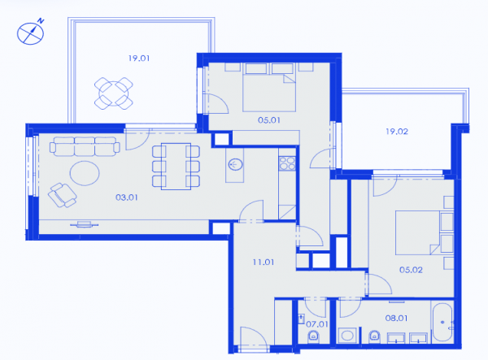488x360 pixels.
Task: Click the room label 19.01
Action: click(x=139, y=59)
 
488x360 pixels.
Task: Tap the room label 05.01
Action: click(x=269, y=120)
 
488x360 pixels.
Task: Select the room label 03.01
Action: click(x=126, y=197)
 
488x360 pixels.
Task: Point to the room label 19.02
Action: click(x=397, y=132)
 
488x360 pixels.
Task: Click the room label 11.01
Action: click(x=264, y=262)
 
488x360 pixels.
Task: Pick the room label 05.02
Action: click(x=411, y=270)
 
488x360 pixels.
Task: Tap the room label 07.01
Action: click(x=317, y=324)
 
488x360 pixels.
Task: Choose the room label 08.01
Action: click(x=396, y=318)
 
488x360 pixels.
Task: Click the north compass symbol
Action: click(x=31, y=33)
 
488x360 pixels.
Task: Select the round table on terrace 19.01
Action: click(x=114, y=93)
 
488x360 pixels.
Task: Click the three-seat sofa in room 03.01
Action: click(x=85, y=146)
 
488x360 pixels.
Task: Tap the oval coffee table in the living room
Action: click(x=85, y=173)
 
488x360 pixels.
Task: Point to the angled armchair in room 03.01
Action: click(x=63, y=195)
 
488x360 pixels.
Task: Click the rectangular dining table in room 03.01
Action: click(x=176, y=167)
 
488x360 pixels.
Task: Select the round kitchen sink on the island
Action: click(x=235, y=164)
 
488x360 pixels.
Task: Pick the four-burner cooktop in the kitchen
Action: click(x=287, y=163)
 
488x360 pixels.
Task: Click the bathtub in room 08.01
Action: click(x=442, y=323)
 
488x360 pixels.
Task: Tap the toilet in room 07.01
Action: click(x=313, y=336)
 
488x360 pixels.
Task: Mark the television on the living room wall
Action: click(x=84, y=223)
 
